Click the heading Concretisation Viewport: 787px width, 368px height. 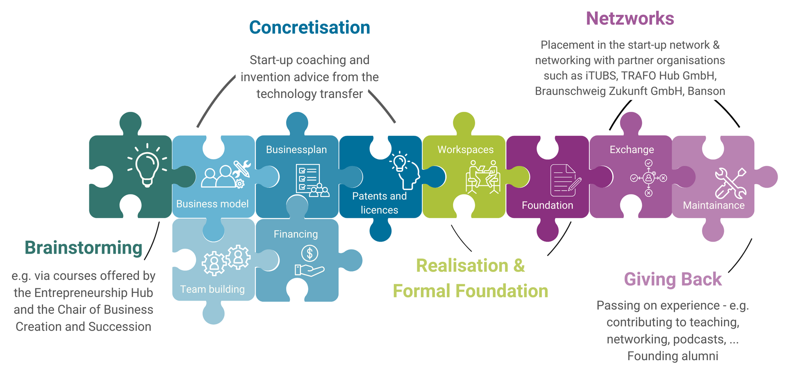(309, 28)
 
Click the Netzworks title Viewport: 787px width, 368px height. (630, 19)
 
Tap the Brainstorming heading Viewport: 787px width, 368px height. (83, 248)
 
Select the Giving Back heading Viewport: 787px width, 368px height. (673, 279)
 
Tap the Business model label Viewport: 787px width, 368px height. (212, 204)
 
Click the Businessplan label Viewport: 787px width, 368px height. (296, 150)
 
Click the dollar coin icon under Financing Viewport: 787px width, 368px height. (309, 254)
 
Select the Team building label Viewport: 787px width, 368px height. (212, 289)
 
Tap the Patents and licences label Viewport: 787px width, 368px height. (379, 203)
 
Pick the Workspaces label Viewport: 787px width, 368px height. (465, 150)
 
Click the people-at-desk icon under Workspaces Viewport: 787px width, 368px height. (483, 177)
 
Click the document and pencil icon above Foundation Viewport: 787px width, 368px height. (565, 181)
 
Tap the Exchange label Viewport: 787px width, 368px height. (632, 150)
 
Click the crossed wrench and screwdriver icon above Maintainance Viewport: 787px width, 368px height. (730, 183)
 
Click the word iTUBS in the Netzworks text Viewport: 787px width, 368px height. (600, 76)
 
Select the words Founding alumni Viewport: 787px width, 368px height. (673, 356)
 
